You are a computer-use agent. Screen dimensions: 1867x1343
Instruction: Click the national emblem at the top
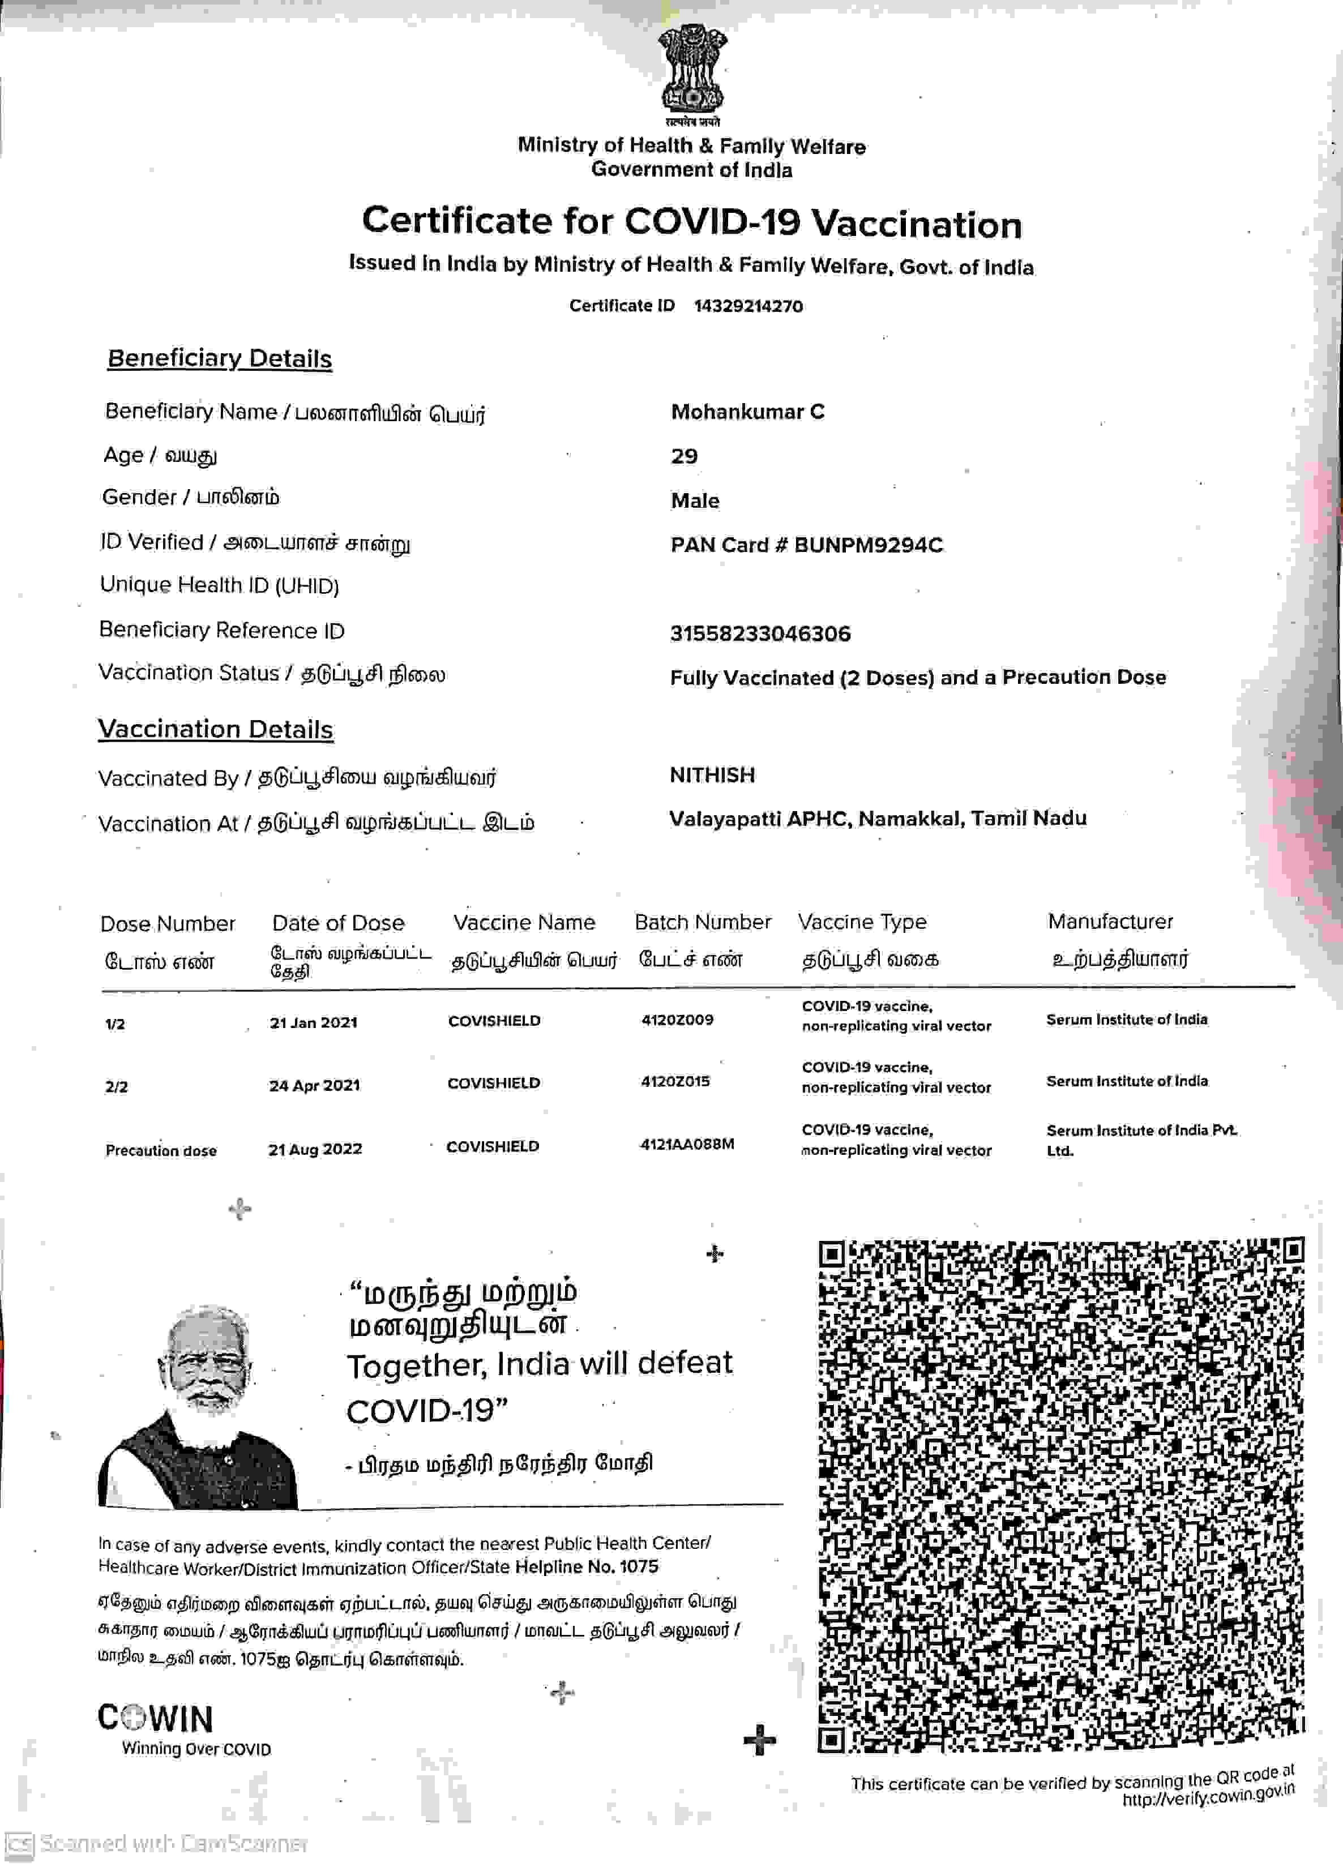pos(692,72)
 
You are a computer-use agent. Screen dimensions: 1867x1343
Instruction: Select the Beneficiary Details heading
pos(220,359)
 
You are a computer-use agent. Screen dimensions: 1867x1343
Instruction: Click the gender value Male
pos(695,500)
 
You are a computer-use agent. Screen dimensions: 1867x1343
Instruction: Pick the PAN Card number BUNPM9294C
pos(868,545)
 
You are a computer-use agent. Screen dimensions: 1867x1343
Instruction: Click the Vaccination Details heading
pos(216,729)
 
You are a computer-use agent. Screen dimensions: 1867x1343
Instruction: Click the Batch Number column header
pos(703,922)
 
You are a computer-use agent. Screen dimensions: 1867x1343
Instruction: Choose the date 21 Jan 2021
pos(314,1022)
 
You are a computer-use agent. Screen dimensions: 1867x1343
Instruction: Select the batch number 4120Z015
pos(675,1081)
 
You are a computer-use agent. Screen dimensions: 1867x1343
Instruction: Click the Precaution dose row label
pos(161,1150)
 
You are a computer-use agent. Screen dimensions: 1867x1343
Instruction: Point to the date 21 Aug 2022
pos(315,1149)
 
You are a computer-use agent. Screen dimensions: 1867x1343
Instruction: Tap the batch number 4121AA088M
pos(687,1144)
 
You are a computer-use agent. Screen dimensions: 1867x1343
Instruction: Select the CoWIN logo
pos(156,1718)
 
